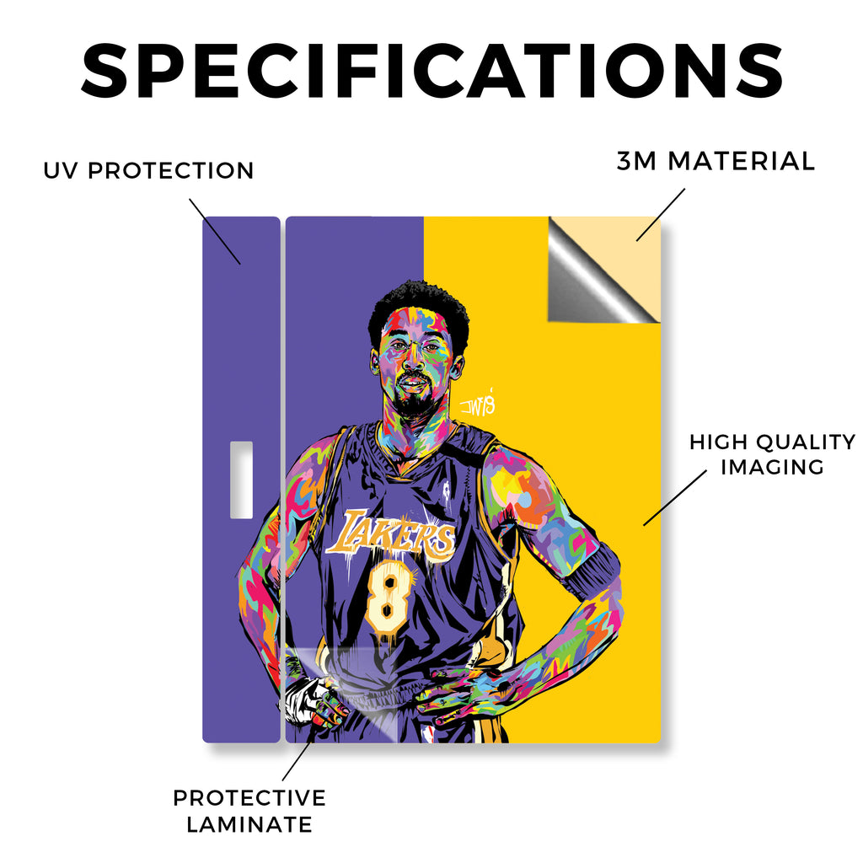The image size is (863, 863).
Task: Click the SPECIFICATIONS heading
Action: coord(432,71)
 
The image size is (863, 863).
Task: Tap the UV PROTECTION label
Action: coord(148,170)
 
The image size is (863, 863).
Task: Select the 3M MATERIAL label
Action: coord(716,161)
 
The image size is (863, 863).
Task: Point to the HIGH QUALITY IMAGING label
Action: coord(772,454)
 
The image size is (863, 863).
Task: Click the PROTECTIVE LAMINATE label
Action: coord(249,812)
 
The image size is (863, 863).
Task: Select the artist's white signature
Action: coord(477,404)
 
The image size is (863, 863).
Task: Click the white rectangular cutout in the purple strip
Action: coord(241,480)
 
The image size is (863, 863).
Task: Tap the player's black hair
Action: coord(418,308)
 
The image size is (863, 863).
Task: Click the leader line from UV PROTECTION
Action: coord(215,232)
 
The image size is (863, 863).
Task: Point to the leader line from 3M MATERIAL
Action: coord(661,215)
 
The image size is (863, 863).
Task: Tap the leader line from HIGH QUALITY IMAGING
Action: coord(675,497)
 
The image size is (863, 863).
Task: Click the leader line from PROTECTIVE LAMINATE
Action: coord(297,758)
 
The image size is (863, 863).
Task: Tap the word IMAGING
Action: coord(772,467)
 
